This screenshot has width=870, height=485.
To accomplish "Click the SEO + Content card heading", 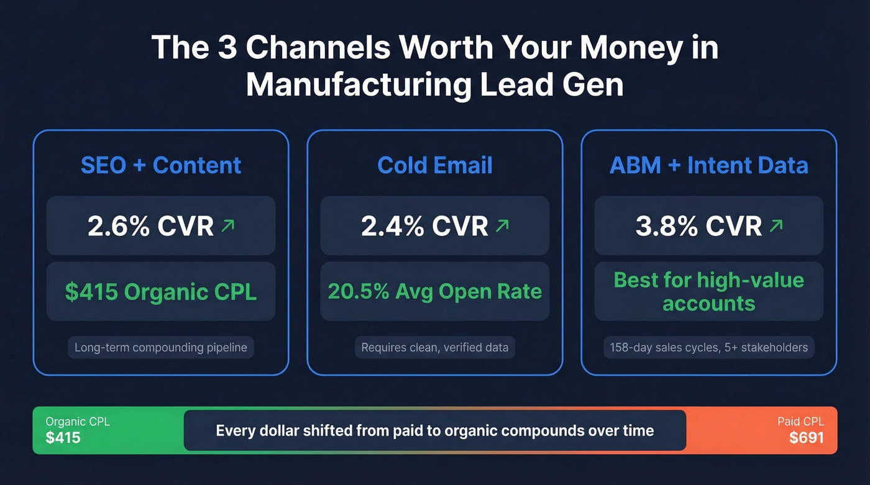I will click(x=161, y=165).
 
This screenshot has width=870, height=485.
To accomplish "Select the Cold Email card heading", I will click(x=435, y=165).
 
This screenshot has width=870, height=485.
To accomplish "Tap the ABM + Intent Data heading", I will click(x=709, y=165).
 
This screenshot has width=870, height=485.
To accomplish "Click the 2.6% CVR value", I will click(x=151, y=227).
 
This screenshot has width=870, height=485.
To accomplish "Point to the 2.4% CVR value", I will click(x=424, y=227).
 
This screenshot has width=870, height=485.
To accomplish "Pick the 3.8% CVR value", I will click(x=698, y=227).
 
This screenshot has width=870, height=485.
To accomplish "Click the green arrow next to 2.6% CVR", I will click(x=228, y=226).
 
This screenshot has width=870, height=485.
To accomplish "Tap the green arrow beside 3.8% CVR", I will click(x=776, y=226).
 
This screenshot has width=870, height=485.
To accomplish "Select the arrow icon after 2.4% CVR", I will click(x=501, y=226).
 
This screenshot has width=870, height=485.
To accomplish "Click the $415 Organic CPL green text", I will click(x=161, y=292).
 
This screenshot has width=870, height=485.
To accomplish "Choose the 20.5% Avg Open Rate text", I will click(x=435, y=291).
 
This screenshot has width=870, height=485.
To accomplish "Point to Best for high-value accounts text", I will click(x=709, y=291).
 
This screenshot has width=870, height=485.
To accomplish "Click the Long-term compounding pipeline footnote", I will click(x=161, y=347).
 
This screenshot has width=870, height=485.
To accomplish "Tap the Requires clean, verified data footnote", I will click(x=435, y=347).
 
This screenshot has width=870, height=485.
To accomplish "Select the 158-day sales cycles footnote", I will click(x=709, y=347).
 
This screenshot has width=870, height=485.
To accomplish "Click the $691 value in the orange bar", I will click(x=807, y=437).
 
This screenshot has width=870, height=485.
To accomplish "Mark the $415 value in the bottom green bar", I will click(x=63, y=437).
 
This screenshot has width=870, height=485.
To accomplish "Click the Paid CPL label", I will click(x=800, y=422).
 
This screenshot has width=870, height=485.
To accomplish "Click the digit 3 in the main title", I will click(x=228, y=48).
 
